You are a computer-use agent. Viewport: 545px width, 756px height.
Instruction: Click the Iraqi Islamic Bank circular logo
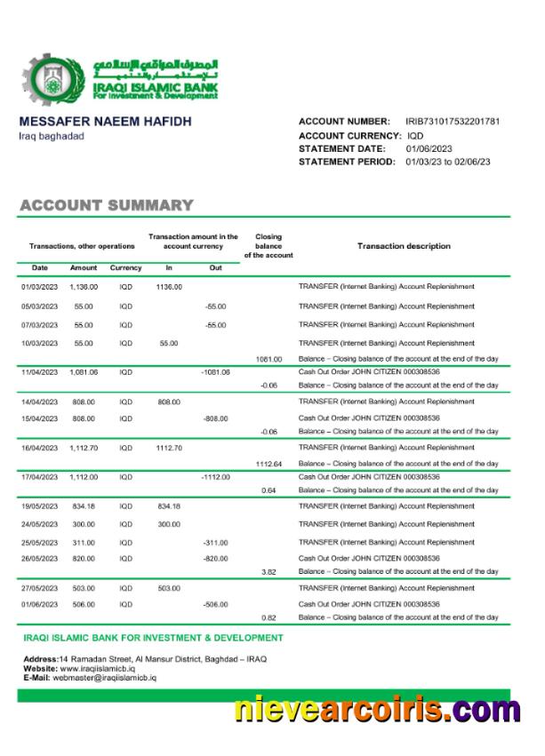[x=45, y=81]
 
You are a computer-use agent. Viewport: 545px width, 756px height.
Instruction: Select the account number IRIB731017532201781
[x=453, y=121]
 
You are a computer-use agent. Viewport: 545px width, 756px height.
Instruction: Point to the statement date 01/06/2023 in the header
[x=429, y=148]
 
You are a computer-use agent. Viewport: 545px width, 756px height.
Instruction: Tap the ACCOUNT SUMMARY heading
[x=107, y=206]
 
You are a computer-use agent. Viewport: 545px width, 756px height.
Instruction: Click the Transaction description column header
[x=404, y=246]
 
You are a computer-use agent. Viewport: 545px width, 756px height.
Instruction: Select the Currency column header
[x=126, y=267]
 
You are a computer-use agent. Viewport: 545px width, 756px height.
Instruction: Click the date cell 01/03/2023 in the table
[x=40, y=287]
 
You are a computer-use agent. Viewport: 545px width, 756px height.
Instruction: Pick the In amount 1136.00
[x=169, y=287]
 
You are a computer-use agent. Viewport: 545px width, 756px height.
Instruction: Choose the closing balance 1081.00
[x=268, y=359]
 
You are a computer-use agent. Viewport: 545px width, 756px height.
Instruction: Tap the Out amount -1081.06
[x=215, y=371]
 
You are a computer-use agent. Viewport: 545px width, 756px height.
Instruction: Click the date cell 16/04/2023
[x=40, y=448]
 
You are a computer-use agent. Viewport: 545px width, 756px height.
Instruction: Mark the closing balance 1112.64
[x=268, y=464]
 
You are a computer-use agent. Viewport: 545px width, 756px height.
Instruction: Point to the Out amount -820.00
[x=215, y=558]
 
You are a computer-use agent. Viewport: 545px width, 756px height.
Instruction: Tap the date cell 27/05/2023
[x=40, y=588]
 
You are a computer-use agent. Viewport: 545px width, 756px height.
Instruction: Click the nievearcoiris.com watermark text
[x=377, y=711]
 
